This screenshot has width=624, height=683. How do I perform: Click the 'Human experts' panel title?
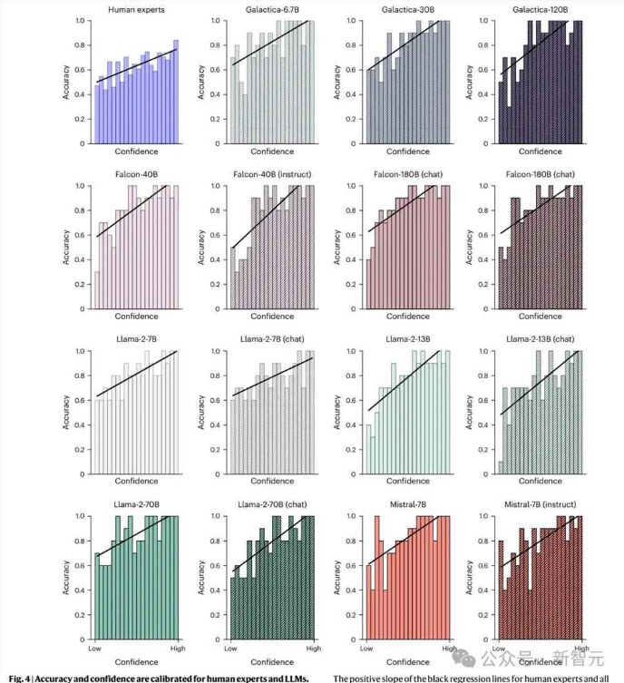136,9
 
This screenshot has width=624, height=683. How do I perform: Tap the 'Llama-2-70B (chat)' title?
272,503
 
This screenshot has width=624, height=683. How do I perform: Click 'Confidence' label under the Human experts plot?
136,151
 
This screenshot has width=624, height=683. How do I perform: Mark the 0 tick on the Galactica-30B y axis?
356,144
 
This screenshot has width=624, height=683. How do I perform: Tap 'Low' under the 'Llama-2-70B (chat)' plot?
230,649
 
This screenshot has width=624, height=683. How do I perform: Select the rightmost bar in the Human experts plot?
176,92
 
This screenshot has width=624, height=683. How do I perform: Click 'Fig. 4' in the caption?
19,678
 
